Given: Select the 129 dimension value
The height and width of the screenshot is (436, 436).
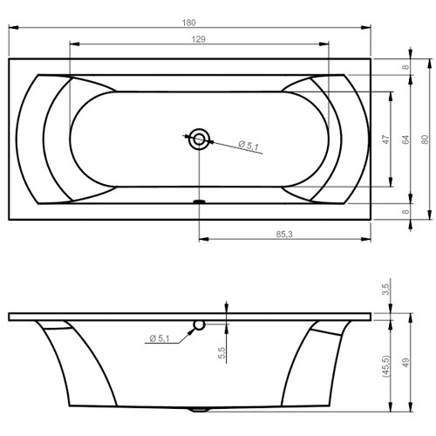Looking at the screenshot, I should pyautogui.click(x=199, y=39).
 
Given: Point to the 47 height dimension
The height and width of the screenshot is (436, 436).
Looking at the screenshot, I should pyautogui.click(x=385, y=139).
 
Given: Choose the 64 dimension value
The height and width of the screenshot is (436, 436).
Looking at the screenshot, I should pyautogui.click(x=405, y=139).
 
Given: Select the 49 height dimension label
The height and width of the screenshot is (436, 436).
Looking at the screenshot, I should pyautogui.click(x=405, y=362).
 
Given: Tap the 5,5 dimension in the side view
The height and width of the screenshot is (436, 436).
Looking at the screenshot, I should pyautogui.click(x=222, y=352).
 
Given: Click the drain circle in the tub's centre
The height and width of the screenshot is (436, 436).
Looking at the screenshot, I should pyautogui.click(x=201, y=137).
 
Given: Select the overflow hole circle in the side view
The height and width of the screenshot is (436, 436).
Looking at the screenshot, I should pyautogui.click(x=200, y=325).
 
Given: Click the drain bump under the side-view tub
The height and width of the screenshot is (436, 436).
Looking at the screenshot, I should pyautogui.click(x=200, y=408).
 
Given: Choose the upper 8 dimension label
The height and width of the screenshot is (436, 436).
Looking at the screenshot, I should pyautogui.click(x=405, y=67).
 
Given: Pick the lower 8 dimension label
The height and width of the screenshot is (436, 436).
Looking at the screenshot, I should pyautogui.click(x=405, y=210).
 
